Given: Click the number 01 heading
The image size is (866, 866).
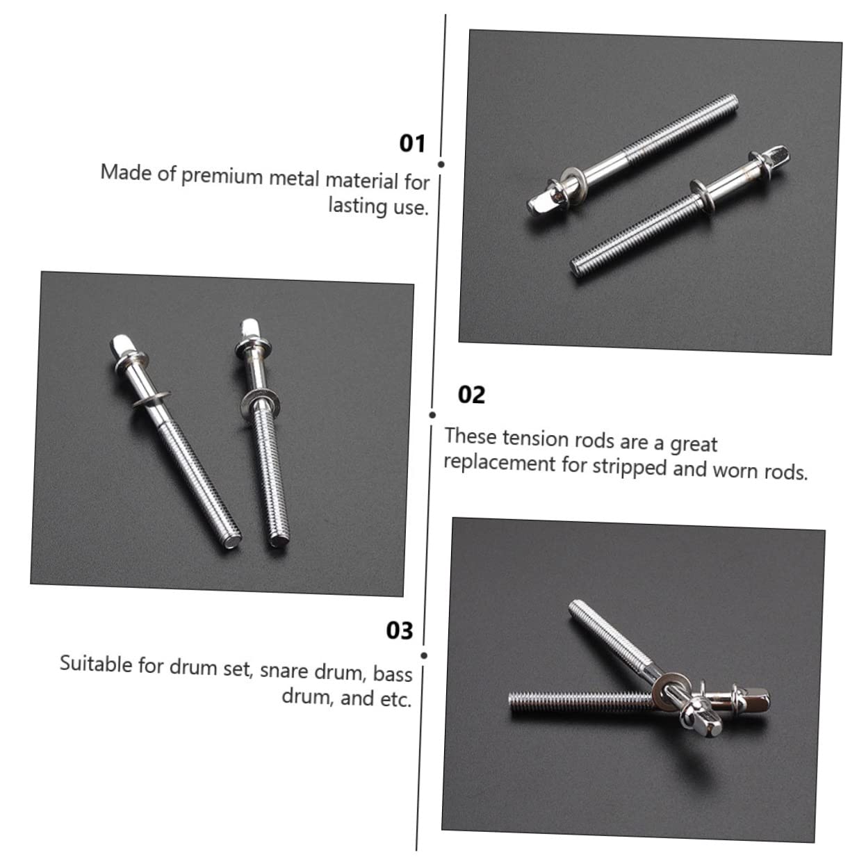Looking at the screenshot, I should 412,143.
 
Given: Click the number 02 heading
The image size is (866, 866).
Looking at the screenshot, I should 471,395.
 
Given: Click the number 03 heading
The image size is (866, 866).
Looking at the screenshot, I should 400,630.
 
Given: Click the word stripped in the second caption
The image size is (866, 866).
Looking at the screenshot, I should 629,467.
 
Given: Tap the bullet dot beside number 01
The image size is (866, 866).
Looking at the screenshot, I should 441,165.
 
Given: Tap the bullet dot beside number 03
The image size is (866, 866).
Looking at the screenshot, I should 425,655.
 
